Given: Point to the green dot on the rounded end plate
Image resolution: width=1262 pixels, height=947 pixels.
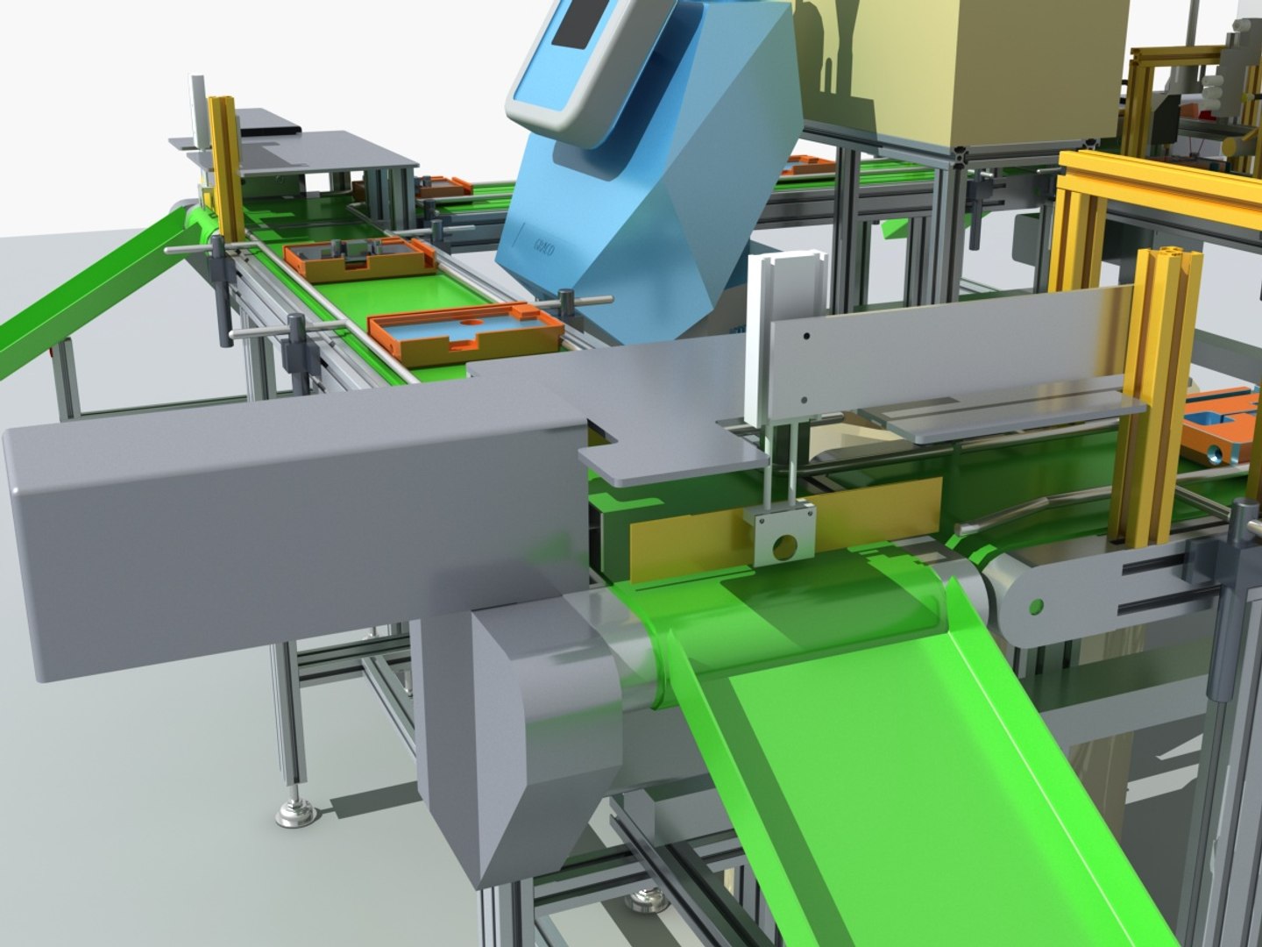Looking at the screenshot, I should tap(1037, 606).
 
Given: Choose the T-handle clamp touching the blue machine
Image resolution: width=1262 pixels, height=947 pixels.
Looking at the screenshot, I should tap(572, 305).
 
